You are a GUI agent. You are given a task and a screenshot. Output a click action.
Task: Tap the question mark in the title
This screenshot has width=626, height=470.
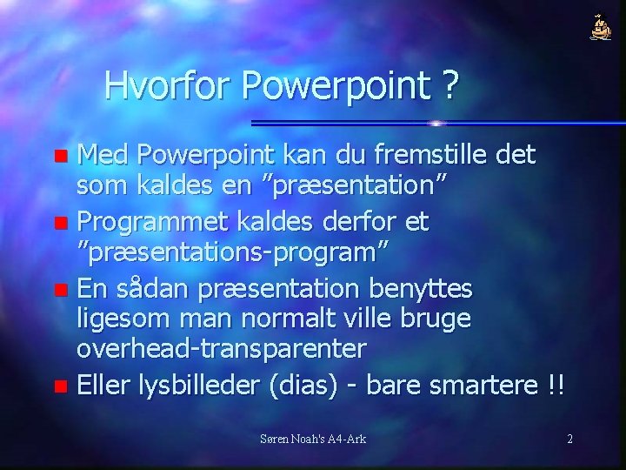[450, 85]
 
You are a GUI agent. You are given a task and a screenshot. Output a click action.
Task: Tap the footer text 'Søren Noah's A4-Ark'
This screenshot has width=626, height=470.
[313, 439]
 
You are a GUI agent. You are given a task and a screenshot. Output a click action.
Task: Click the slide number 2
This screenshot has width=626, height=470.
[569, 439]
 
